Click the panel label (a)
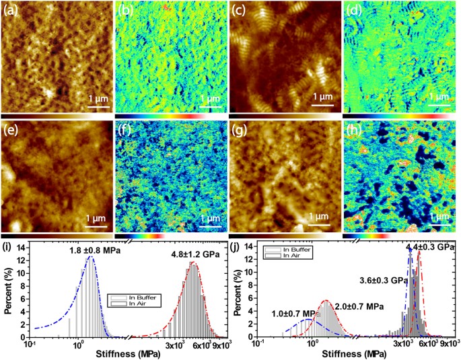tap(10, 9)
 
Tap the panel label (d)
tap(353, 9)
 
